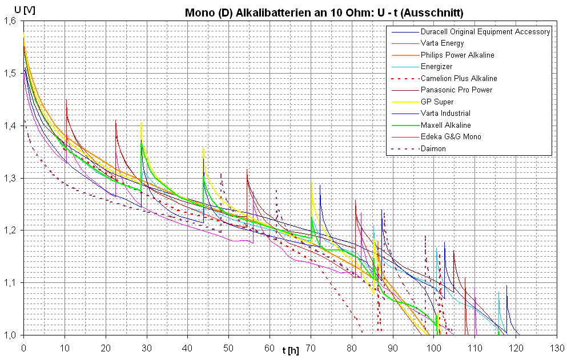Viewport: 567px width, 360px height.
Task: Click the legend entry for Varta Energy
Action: (442, 43)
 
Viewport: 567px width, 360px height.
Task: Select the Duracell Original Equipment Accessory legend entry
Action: (485, 32)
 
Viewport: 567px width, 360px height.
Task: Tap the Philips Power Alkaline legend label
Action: (457, 55)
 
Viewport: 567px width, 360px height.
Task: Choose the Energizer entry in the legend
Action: (436, 67)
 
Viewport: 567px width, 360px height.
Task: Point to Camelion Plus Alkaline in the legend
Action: (459, 78)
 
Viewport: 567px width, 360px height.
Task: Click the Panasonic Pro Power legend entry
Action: (456, 90)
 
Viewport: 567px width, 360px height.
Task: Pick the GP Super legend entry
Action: (437, 102)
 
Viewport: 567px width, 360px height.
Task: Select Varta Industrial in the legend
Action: (445, 114)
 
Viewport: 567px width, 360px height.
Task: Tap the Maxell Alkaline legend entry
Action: (445, 125)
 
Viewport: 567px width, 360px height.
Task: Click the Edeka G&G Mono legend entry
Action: (451, 137)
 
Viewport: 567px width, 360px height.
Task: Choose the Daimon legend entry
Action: (433, 148)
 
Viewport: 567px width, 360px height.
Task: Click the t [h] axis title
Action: (291, 349)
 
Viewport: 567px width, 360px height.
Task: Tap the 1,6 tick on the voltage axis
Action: (10, 21)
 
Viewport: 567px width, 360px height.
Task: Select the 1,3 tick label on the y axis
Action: (10, 179)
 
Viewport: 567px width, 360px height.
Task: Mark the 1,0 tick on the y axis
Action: (10, 335)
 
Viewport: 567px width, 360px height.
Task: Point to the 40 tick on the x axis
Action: (187, 347)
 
